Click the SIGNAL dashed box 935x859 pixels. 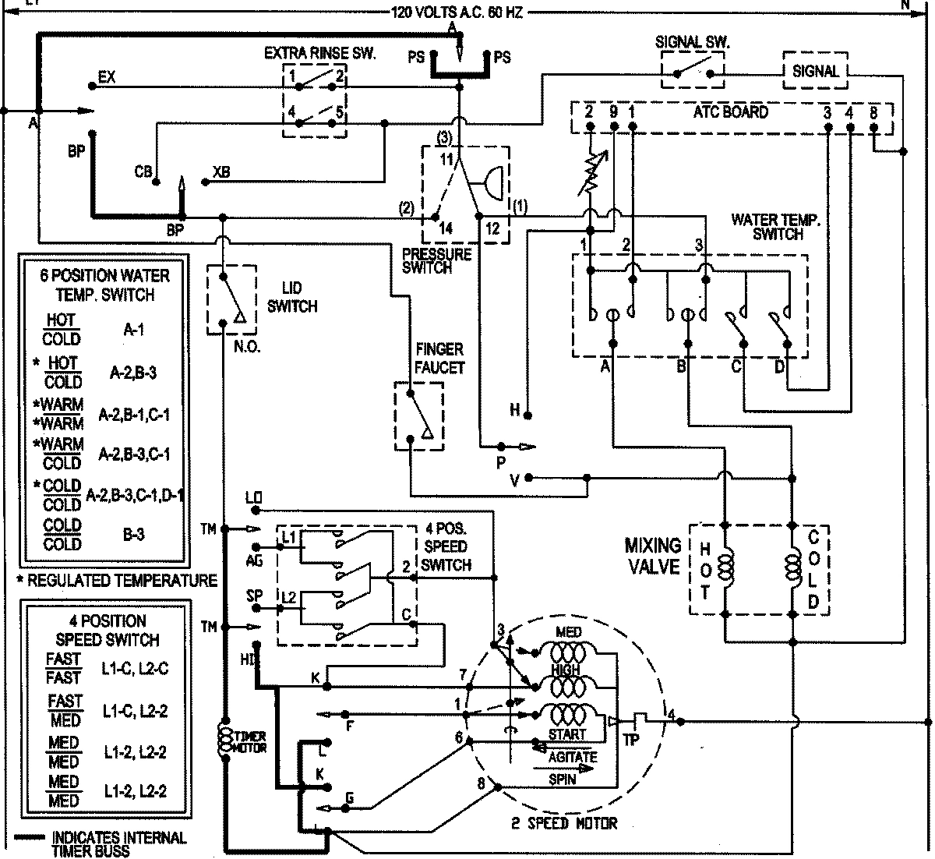click(x=815, y=71)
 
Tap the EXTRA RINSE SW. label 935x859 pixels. click(x=319, y=53)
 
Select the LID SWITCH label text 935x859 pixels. click(x=292, y=298)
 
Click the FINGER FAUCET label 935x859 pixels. click(x=439, y=358)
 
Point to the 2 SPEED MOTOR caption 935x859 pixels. click(x=565, y=824)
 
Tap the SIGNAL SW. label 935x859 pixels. click(x=692, y=44)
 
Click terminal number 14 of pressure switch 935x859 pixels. click(x=445, y=229)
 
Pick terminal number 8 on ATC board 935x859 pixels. click(x=873, y=112)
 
